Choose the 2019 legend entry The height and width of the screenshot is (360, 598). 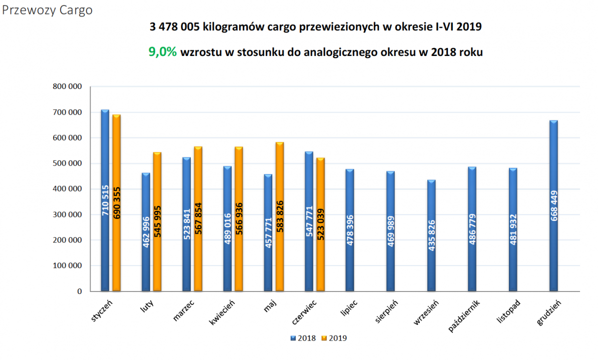coord(335,338)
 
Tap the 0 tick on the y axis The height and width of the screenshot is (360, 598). coord(79,291)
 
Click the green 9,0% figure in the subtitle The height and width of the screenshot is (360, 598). coord(163,52)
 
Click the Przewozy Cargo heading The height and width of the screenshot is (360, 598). coord(48,10)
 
